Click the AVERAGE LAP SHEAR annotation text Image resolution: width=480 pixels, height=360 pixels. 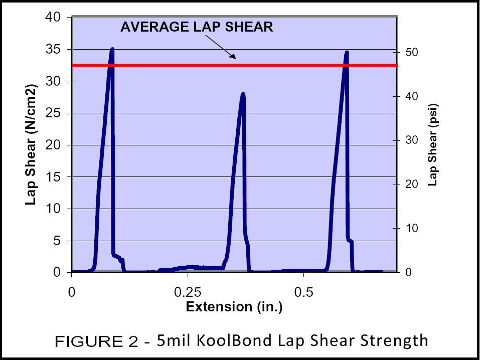(x=197, y=27)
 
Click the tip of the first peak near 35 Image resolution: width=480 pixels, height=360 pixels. (x=112, y=49)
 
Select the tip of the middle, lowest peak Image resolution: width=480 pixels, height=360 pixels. (x=243, y=94)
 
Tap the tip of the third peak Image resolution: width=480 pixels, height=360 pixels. (x=346, y=52)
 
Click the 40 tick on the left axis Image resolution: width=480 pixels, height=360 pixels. (x=53, y=18)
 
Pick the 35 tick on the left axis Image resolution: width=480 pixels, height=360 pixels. (x=53, y=50)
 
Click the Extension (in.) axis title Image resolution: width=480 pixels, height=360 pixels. (x=234, y=307)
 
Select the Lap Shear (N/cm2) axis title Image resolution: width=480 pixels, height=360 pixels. (x=31, y=145)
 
